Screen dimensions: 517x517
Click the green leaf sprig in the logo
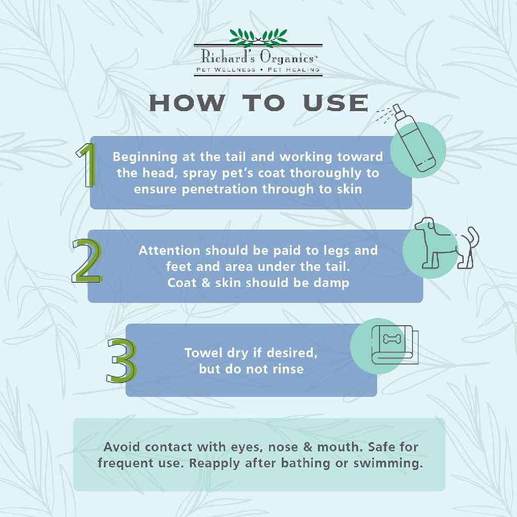[x=258, y=37]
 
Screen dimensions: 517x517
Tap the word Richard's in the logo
[x=228, y=56]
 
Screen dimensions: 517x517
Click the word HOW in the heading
[x=187, y=103]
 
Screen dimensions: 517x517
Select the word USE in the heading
[x=336, y=103]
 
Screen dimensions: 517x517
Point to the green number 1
[x=87, y=165]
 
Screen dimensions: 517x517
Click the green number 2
[x=87, y=261]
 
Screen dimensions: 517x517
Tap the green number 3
[x=121, y=360]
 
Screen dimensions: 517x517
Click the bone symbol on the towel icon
[x=392, y=339]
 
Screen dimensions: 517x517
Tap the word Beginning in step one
[x=145, y=157]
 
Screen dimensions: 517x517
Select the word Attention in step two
[x=170, y=250]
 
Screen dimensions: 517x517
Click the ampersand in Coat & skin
[x=206, y=283]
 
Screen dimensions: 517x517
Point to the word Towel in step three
[x=203, y=353]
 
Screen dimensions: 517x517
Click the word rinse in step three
[x=288, y=369]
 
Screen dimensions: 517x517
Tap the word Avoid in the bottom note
[x=122, y=447]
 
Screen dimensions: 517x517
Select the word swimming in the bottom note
[x=388, y=464]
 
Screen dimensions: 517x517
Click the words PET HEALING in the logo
[x=294, y=70]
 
